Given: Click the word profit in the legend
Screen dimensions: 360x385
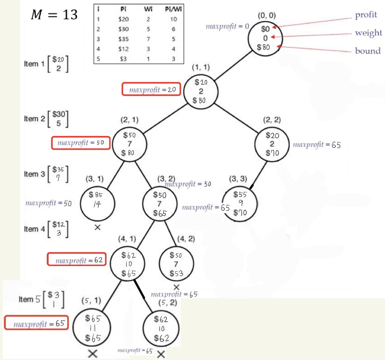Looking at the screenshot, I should click(366, 15).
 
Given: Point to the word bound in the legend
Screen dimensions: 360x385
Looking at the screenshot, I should click(368, 51).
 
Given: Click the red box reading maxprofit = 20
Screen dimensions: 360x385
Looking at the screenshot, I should click(151, 89).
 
